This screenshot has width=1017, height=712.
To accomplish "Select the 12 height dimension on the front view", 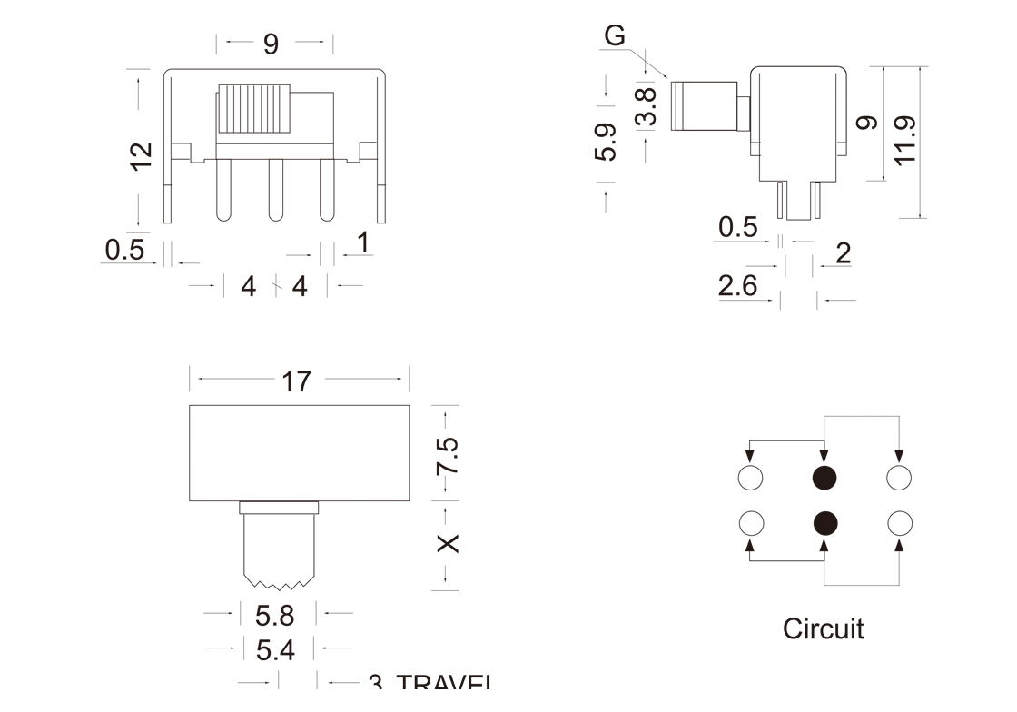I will click(x=141, y=155).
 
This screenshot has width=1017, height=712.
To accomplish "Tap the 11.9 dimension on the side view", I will click(x=903, y=141).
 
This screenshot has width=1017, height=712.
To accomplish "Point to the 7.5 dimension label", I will click(x=447, y=457).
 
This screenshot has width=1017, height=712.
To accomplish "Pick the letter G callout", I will click(x=615, y=36).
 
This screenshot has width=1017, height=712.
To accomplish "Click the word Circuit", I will click(x=823, y=628).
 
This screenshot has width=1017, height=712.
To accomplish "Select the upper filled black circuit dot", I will click(x=824, y=477).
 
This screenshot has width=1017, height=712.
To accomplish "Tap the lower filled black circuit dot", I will click(x=824, y=522).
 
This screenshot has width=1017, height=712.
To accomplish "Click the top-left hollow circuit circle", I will click(x=750, y=477).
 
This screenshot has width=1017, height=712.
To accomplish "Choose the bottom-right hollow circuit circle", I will click(x=899, y=522).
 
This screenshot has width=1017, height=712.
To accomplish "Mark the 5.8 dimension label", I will click(x=275, y=617).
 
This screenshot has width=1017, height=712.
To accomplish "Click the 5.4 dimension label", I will click(x=275, y=650).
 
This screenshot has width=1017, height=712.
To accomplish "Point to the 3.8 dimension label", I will click(x=646, y=106).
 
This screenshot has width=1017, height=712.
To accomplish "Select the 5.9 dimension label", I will click(x=607, y=142).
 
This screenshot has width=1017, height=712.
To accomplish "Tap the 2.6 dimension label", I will click(x=737, y=287).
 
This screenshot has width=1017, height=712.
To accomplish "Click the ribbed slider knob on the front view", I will click(x=253, y=111).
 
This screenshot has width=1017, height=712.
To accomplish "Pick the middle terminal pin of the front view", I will click(x=275, y=191).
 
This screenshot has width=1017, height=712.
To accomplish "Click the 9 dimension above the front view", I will click(x=271, y=44).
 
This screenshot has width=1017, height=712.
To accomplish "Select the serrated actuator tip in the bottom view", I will click(x=278, y=578).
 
